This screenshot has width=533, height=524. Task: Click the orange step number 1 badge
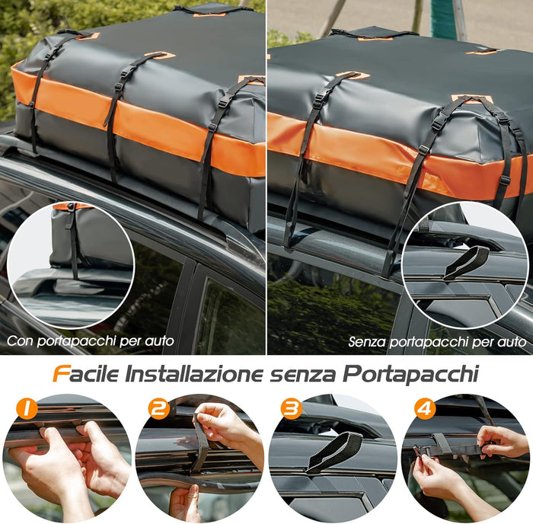27,410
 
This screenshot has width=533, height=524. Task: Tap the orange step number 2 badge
158,410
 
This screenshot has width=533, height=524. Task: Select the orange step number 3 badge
291,410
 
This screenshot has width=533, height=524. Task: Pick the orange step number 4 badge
424,410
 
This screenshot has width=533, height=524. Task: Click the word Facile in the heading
84,374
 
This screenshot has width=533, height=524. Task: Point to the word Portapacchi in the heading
411,374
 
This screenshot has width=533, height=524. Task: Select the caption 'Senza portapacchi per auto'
437,342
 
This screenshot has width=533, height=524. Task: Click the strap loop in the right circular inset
466,261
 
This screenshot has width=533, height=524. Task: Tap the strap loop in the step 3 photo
335,451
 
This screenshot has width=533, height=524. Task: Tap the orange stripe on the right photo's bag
381,156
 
